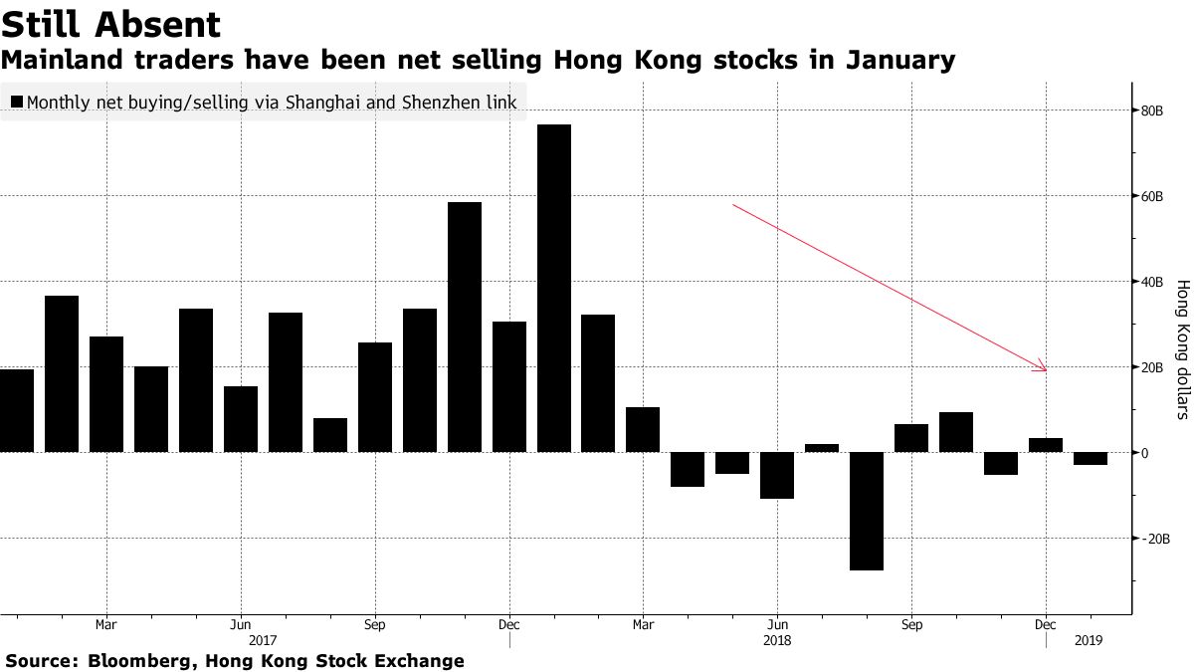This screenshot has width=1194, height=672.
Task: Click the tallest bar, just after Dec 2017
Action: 554,289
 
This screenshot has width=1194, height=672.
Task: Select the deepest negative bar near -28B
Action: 867,511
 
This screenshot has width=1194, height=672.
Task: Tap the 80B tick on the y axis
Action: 1152,111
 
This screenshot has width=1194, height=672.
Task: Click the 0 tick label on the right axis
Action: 1145,453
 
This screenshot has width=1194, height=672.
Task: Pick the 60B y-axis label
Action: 1152,196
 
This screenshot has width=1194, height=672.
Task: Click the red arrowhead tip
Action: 1046,370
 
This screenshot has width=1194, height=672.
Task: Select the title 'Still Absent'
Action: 110,24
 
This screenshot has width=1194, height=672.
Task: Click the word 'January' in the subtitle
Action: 900,61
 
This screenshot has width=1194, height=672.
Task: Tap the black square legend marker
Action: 16,102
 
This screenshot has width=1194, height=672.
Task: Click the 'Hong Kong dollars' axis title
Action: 1183,348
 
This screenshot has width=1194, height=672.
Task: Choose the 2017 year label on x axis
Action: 263,641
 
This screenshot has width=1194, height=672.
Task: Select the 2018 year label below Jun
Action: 777,641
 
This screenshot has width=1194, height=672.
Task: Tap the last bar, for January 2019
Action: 1091,458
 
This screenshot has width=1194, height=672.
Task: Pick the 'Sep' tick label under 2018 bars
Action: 911,625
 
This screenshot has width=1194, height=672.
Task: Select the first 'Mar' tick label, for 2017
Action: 106,625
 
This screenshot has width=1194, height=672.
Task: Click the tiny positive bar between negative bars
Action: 822,448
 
